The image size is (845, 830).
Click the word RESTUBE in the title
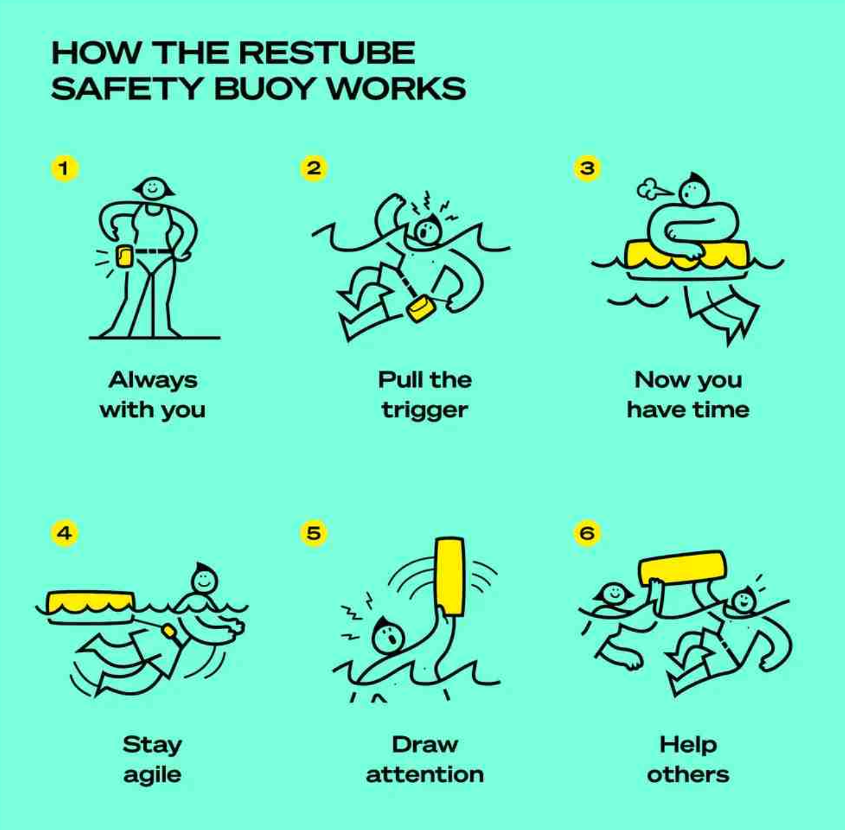[327, 53]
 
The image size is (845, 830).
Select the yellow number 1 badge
[64, 169]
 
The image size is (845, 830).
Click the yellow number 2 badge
[313, 169]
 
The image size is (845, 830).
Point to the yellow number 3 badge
[587, 169]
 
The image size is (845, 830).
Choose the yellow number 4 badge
[64, 533]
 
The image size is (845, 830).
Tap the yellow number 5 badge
[313, 533]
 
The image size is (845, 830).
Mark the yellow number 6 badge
[587, 533]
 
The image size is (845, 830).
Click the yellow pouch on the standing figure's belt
[124, 256]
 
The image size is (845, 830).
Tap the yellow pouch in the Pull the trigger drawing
[421, 308]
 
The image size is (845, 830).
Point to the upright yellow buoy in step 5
[450, 576]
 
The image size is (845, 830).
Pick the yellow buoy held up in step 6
[682, 568]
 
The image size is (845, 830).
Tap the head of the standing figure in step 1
[153, 189]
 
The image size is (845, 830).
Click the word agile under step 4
[152, 775]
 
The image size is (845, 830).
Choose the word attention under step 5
[425, 774]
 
